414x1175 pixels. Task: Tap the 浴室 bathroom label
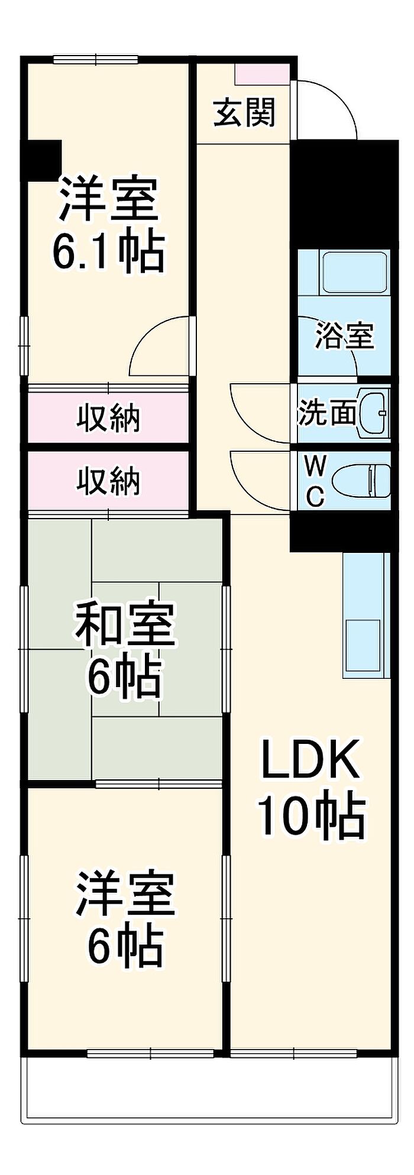pyautogui.click(x=344, y=335)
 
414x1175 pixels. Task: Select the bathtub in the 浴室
pyautogui.click(x=354, y=271)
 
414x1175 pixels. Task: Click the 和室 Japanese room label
pyautogui.click(x=124, y=624)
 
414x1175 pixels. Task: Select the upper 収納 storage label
pyautogui.click(x=109, y=419)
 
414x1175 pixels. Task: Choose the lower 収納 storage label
pyautogui.click(x=109, y=480)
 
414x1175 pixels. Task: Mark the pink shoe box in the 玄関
pyautogui.click(x=262, y=73)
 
